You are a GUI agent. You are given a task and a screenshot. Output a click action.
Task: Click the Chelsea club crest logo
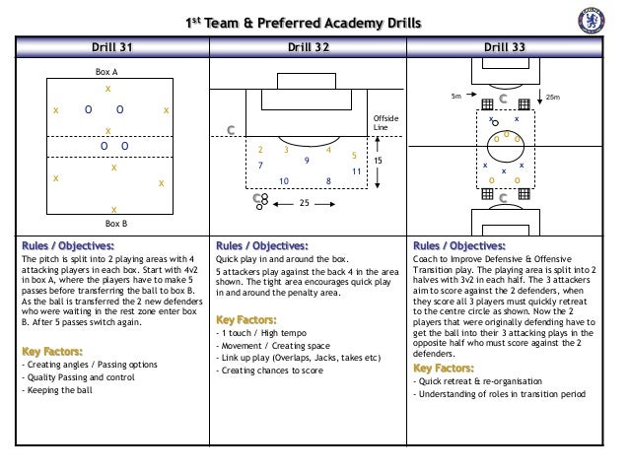click(596, 23)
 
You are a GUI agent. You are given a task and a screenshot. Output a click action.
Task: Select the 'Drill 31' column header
click(107, 46)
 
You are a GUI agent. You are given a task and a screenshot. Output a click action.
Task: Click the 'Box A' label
click(106, 73)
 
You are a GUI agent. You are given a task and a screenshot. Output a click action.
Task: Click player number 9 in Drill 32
click(307, 160)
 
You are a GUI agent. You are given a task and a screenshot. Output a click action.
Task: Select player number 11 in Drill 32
click(356, 171)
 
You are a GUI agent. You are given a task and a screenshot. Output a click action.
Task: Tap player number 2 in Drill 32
click(260, 151)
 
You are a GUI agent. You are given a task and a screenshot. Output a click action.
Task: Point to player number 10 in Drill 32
click(284, 181)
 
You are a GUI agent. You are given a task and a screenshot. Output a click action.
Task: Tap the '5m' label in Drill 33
click(454, 98)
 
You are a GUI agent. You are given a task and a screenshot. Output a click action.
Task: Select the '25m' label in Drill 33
click(553, 98)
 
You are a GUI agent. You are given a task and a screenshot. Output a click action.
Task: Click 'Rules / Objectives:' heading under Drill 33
click(458, 246)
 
